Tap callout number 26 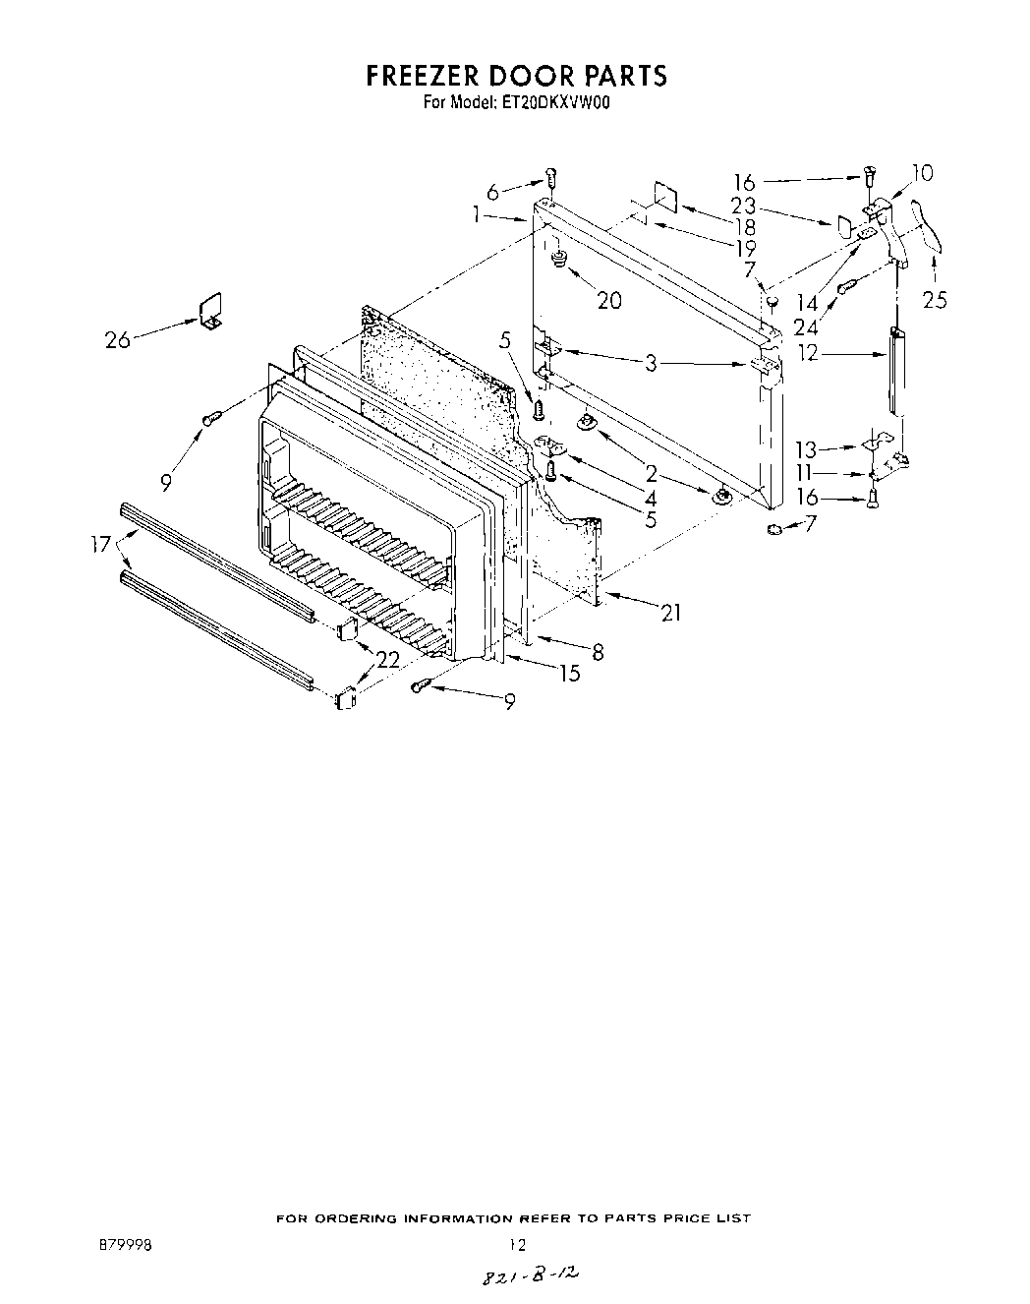pyautogui.click(x=117, y=340)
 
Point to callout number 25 pyautogui.click(x=935, y=300)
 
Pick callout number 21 pyautogui.click(x=670, y=613)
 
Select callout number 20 pyautogui.click(x=609, y=300)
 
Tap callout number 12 pyautogui.click(x=808, y=351)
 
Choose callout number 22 pyautogui.click(x=388, y=660)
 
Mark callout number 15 pyautogui.click(x=569, y=674)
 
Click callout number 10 pyautogui.click(x=922, y=174)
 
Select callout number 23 pyautogui.click(x=744, y=207)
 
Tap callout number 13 pyautogui.click(x=806, y=450)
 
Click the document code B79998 pyautogui.click(x=124, y=1244)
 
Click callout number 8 pyautogui.click(x=598, y=651)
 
